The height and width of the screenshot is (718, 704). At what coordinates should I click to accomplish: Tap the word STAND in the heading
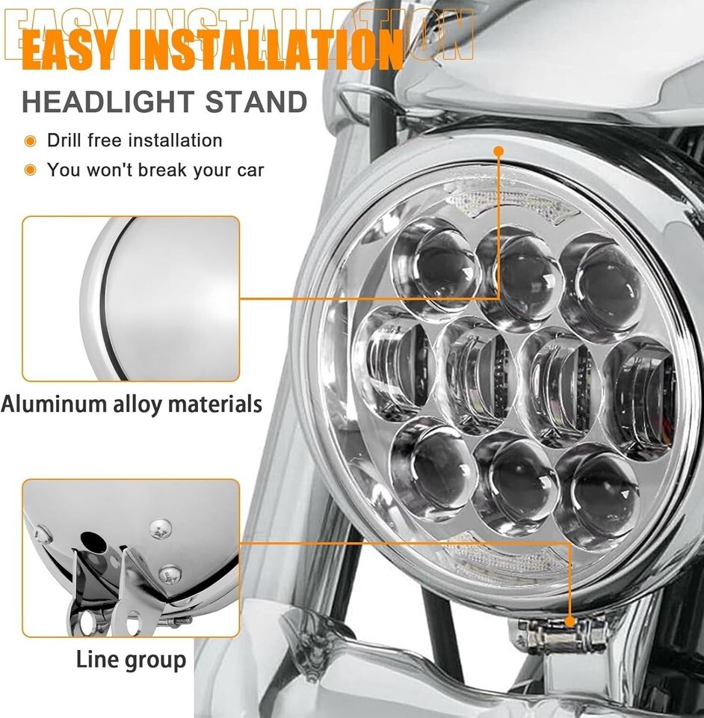[x=256, y=102]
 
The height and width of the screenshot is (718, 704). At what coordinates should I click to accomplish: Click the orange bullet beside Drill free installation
[x=30, y=141]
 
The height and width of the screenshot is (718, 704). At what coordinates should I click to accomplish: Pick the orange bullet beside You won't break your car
[x=30, y=171]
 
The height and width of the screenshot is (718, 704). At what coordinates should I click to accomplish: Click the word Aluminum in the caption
[x=55, y=404]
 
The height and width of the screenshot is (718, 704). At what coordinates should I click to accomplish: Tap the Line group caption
[x=132, y=660]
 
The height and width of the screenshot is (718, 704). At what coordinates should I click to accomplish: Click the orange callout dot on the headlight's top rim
[x=499, y=150]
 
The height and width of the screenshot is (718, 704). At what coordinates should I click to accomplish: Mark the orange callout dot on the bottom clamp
[x=570, y=622]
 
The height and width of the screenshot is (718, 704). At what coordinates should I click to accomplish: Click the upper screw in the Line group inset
[x=161, y=530]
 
